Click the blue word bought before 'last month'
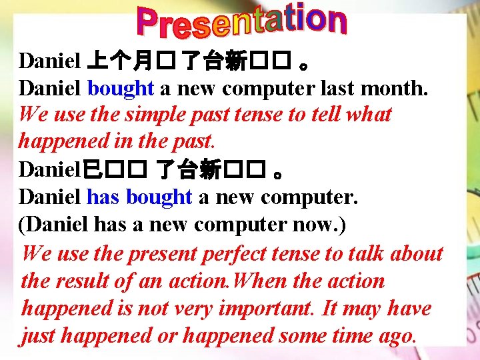pyautogui.click(x=121, y=88)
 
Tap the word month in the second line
pyautogui.click(x=394, y=88)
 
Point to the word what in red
pyautogui.click(x=368, y=115)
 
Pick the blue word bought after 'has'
pyautogui.click(x=159, y=198)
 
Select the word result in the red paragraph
pyautogui.click(x=91, y=281)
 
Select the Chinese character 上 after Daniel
pyautogui.click(x=95, y=61)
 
